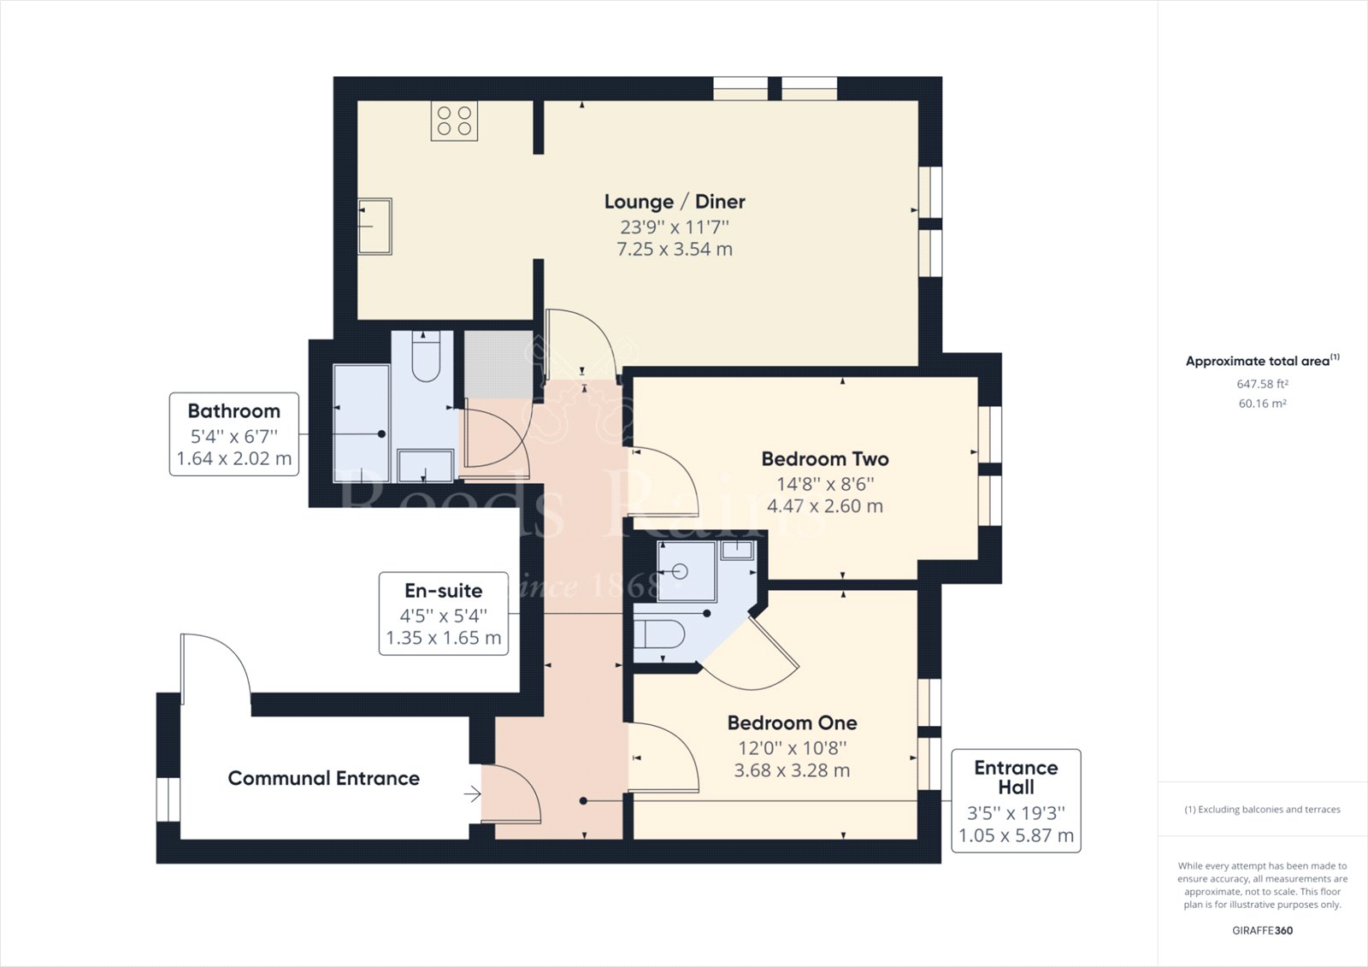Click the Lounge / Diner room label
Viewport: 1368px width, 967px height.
tap(675, 202)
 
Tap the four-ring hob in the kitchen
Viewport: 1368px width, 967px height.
tap(454, 121)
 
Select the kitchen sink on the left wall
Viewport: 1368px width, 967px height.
tap(374, 226)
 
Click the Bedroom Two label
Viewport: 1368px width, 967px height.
tap(824, 459)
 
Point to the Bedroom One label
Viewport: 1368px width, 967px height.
tap(792, 722)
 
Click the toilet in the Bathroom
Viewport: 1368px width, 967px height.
tap(426, 357)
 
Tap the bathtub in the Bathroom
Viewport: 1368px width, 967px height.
tap(362, 423)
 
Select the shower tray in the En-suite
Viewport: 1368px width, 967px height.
tap(686, 571)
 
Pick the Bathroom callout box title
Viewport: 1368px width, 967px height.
tap(234, 411)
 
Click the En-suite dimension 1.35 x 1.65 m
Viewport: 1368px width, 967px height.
tap(444, 638)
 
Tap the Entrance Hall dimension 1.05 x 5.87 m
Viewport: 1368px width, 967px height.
tap(1016, 835)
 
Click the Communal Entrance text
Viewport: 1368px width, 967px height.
tap(324, 778)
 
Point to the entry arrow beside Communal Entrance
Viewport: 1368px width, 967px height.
tap(472, 794)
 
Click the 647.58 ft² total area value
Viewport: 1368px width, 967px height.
tap(1262, 384)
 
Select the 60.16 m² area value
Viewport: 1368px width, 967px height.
tap(1262, 404)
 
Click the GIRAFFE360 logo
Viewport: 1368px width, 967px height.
tap(1262, 930)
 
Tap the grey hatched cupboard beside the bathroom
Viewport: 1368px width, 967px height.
tap(498, 365)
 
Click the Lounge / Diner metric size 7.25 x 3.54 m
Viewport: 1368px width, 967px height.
tap(675, 250)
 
